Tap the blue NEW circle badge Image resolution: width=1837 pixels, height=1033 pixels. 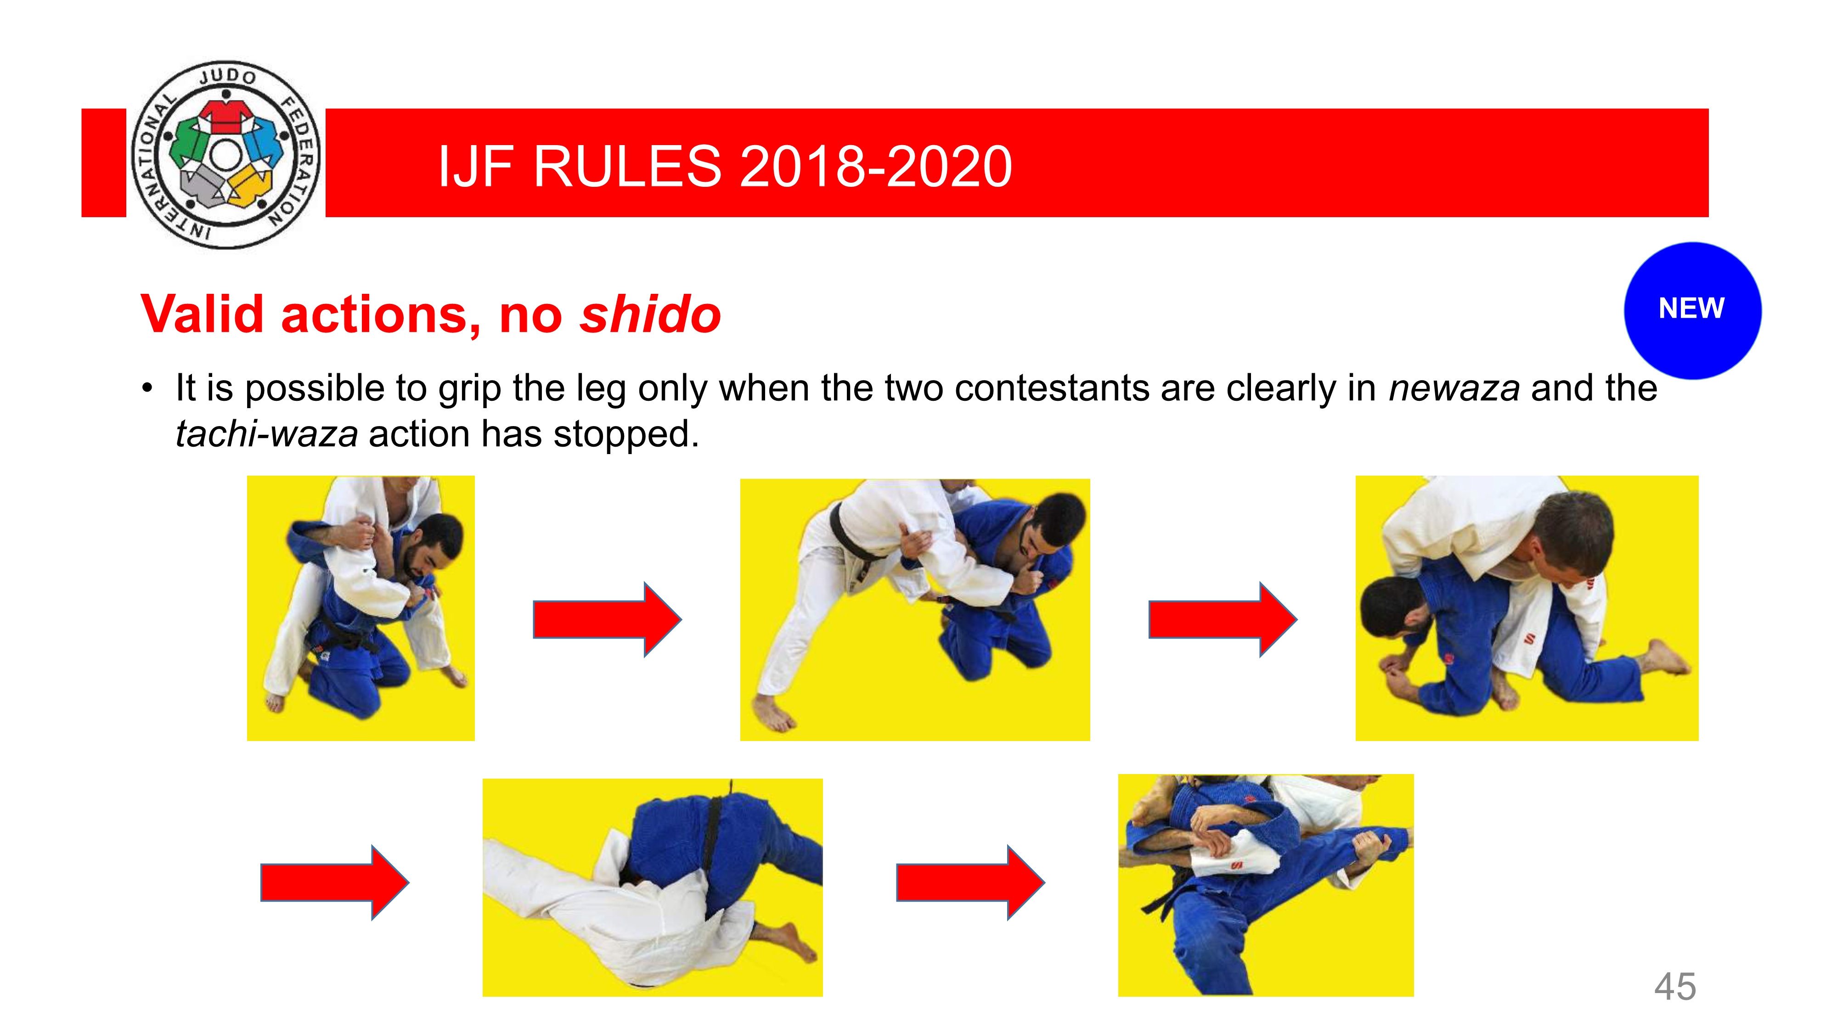point(1692,310)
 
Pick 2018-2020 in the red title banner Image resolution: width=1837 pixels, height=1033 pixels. point(876,166)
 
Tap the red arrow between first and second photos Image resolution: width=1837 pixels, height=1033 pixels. point(607,619)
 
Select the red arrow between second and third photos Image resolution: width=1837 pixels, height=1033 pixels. point(1222,619)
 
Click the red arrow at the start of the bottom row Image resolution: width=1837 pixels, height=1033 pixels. point(334,882)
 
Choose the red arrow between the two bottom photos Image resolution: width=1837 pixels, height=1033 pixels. point(970,882)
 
